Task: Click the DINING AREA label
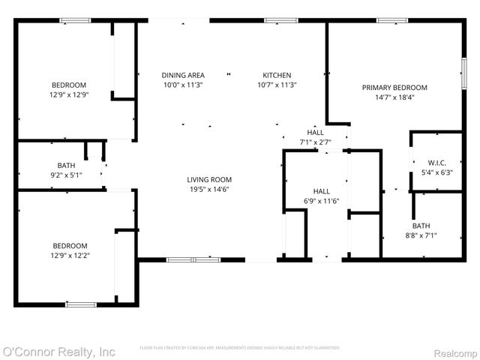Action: coord(183,75)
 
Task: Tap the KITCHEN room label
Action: coord(277,75)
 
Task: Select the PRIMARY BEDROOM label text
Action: coord(394,88)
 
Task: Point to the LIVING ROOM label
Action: coord(209,179)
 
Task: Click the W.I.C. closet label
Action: coord(437,163)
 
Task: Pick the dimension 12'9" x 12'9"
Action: coord(69,94)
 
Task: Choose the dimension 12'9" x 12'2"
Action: coord(69,256)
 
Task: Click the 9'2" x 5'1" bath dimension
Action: coord(66,175)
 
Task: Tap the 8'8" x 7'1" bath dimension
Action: coord(421,235)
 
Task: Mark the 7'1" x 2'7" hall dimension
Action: coord(315,142)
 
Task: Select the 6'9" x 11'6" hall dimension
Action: coord(321,201)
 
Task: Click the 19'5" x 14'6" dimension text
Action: coord(209,189)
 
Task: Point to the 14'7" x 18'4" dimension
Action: coord(394,97)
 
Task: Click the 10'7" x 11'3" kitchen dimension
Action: coord(277,85)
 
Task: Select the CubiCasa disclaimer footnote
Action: coord(240,348)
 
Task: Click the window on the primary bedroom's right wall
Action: coord(463,74)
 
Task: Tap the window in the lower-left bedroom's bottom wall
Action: coord(81,304)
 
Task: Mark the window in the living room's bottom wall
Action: coord(193,259)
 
